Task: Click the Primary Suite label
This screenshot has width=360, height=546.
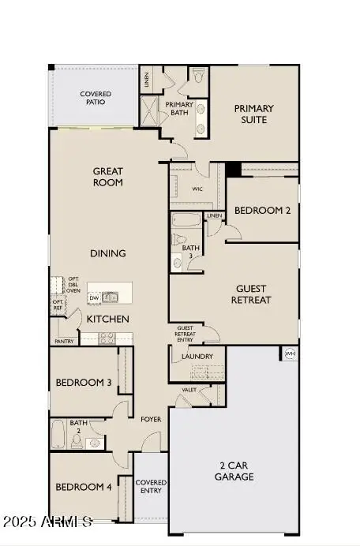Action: [x=253, y=114]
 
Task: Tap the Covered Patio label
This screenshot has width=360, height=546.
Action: [x=96, y=99]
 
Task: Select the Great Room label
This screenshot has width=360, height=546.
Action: [x=108, y=177]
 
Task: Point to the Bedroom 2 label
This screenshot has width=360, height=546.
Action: [x=263, y=211]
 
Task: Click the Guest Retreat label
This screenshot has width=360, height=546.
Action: [x=251, y=294]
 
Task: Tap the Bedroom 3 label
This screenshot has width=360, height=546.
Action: [x=83, y=383]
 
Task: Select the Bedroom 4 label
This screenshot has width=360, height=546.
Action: [x=83, y=487]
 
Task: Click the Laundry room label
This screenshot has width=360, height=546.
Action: [x=197, y=357]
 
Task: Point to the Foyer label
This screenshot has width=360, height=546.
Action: [x=151, y=419]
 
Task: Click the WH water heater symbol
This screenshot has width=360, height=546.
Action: [x=290, y=353]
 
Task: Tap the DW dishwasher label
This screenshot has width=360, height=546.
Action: [x=94, y=297]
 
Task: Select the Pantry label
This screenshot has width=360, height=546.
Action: [x=64, y=341]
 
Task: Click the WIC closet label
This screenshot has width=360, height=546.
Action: [x=198, y=189]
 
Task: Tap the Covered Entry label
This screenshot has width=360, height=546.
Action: [x=150, y=486]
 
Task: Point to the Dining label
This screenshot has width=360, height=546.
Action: [x=108, y=253]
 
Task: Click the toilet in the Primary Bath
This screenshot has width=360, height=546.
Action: [x=198, y=77]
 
